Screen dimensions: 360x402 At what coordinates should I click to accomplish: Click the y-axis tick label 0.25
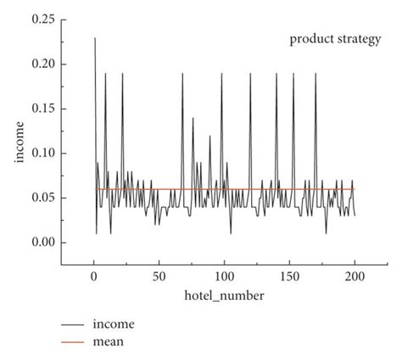click(43, 19)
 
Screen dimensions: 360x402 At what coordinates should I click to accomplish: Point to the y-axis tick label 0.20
click(43, 64)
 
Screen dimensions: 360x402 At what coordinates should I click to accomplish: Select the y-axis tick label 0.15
click(43, 108)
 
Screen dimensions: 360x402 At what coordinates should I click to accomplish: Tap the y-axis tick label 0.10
click(43, 153)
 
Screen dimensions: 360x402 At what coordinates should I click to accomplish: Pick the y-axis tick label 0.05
click(43, 198)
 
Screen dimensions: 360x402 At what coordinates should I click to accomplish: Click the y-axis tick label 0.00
click(43, 243)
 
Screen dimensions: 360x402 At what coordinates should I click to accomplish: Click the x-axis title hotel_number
click(224, 296)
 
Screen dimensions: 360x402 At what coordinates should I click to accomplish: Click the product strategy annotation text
click(335, 40)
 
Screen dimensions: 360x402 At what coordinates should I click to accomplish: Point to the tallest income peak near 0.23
click(95, 38)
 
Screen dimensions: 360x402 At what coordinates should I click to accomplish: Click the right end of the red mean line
click(355, 189)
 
